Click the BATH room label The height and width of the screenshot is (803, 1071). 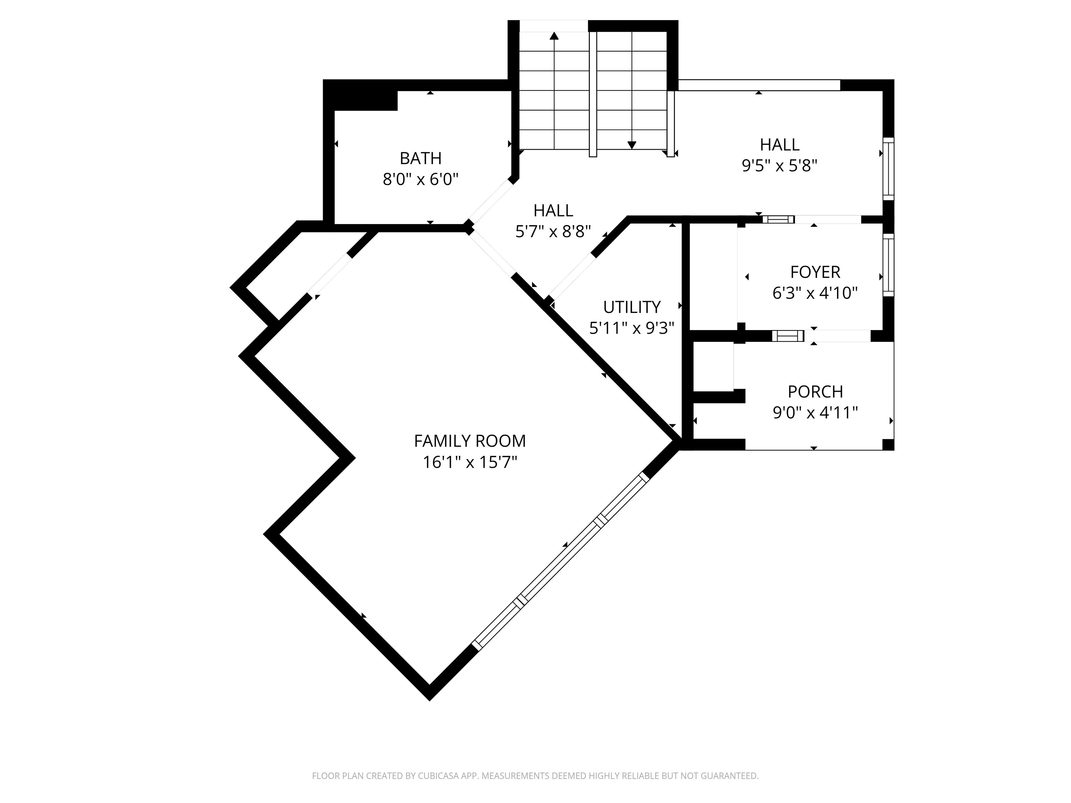click(x=420, y=158)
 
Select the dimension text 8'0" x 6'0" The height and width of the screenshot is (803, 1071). click(x=420, y=179)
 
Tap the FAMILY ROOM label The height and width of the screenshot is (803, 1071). click(x=470, y=441)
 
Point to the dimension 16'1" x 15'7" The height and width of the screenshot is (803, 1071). click(x=470, y=462)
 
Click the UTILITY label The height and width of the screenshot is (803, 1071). click(x=632, y=307)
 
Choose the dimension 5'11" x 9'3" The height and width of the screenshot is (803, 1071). click(x=632, y=329)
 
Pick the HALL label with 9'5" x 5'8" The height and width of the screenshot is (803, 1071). click(x=780, y=145)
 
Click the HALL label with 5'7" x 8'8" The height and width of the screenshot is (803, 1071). click(x=553, y=211)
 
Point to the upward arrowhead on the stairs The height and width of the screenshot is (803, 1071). click(x=554, y=36)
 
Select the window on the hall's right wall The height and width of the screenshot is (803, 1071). click(x=888, y=168)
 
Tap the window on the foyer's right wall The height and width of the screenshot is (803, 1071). click(x=888, y=265)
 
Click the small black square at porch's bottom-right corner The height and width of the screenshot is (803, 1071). click(x=888, y=444)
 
